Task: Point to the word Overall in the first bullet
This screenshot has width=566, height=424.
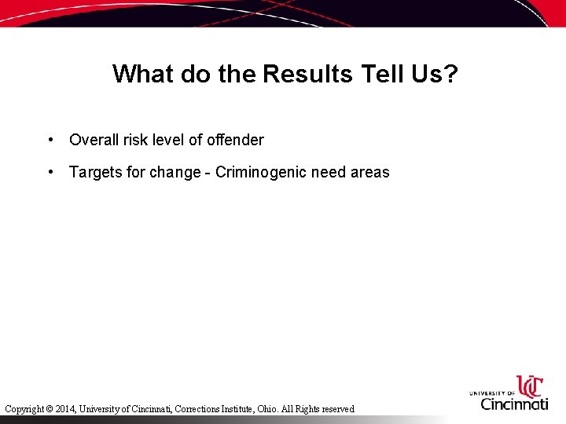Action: coord(94,140)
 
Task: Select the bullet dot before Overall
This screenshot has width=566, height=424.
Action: coord(50,140)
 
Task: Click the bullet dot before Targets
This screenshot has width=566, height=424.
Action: coord(50,172)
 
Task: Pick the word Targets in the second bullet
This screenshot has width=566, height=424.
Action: coord(95,172)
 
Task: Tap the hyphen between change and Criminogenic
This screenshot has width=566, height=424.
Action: coord(208,173)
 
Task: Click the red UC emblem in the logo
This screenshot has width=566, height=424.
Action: coord(529,386)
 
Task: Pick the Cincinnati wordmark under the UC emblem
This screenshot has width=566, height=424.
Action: coord(514,404)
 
